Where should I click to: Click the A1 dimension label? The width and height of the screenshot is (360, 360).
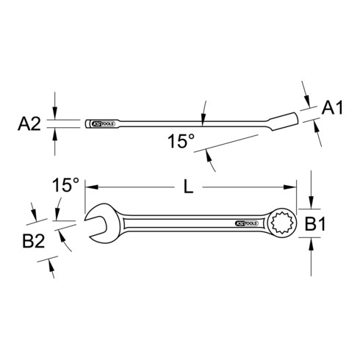[x=334, y=109]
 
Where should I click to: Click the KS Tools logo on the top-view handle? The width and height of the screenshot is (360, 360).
[x=245, y=220]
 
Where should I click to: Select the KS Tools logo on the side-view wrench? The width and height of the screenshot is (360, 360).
[x=99, y=123]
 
